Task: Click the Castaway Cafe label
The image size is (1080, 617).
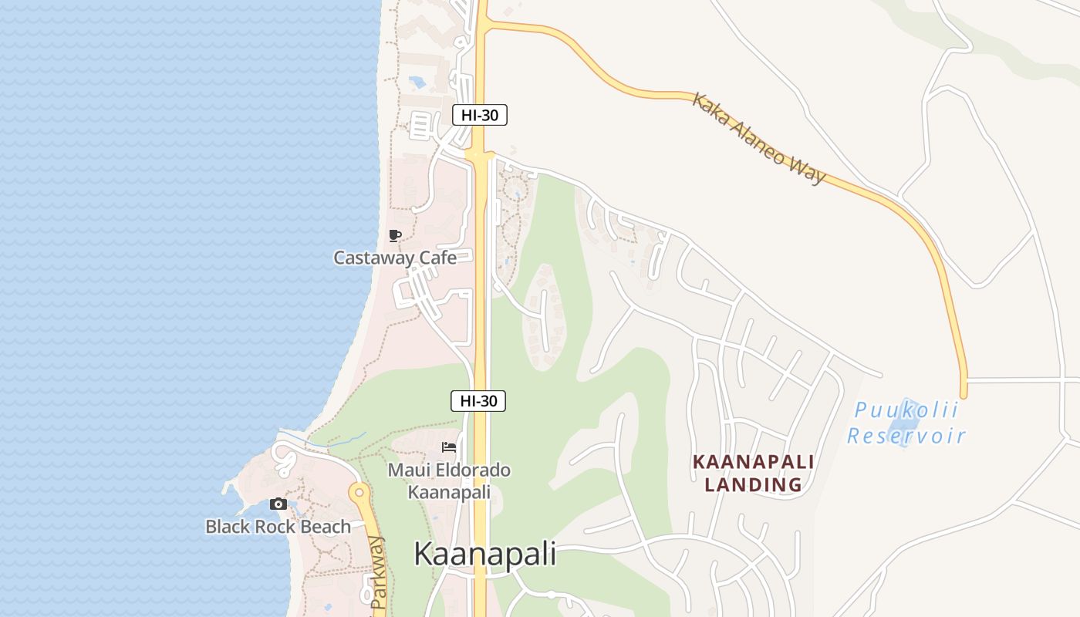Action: tap(394, 258)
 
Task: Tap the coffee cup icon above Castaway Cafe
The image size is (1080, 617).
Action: tap(395, 235)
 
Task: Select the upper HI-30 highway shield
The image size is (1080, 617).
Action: tap(479, 116)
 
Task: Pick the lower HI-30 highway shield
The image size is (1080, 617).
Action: tap(478, 401)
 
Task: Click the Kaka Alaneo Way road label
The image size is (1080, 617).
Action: tap(758, 139)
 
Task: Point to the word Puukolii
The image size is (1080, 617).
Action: tap(906, 410)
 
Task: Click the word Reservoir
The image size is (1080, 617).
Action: tap(906, 436)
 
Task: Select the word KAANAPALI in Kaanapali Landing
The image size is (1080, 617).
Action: tap(753, 462)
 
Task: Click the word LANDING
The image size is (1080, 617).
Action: tap(753, 485)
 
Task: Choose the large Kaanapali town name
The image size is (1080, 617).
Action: tap(484, 555)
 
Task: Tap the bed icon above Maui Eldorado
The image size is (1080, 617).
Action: tap(449, 447)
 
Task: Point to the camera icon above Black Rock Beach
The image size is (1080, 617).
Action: tap(278, 504)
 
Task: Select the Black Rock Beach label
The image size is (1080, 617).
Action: tap(278, 527)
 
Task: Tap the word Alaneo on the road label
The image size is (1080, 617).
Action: tap(764, 143)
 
